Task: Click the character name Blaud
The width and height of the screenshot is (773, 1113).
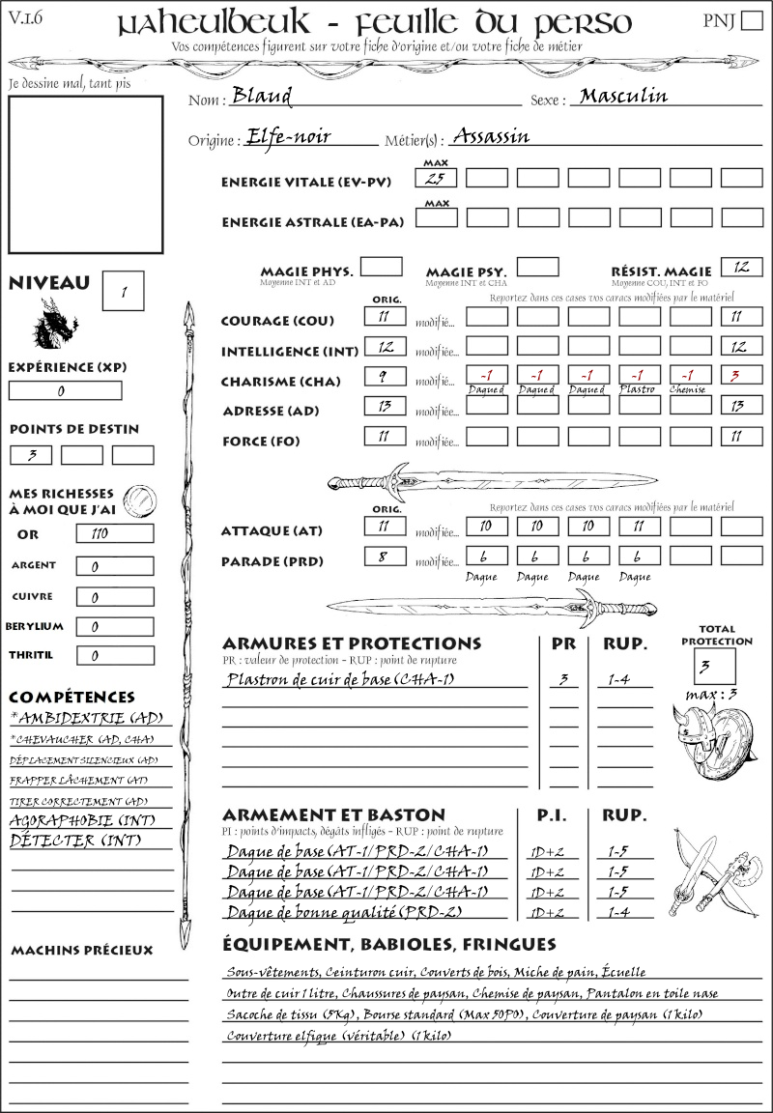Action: [x=262, y=97]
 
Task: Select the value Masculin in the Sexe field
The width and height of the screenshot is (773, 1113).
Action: [x=623, y=96]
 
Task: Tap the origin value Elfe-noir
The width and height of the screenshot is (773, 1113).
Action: [x=289, y=136]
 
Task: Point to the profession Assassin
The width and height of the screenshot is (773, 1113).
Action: [x=491, y=136]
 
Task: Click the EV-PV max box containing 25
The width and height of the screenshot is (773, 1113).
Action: [x=436, y=178]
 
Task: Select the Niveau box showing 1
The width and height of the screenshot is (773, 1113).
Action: [x=124, y=290]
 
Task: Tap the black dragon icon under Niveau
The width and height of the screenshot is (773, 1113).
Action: [x=55, y=324]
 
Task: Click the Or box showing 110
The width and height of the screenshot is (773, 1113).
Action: [x=114, y=534]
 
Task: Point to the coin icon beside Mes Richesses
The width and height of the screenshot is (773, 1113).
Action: [x=139, y=500]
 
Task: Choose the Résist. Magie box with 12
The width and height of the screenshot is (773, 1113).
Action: [x=741, y=267]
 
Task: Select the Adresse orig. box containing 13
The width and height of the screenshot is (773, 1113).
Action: [x=385, y=406]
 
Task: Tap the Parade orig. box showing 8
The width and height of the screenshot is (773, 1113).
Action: [x=385, y=556]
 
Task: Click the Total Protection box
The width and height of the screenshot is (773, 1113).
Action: [x=714, y=666]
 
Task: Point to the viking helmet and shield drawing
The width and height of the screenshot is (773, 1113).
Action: [x=712, y=741]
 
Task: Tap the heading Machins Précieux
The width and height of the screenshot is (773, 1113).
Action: [x=81, y=951]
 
